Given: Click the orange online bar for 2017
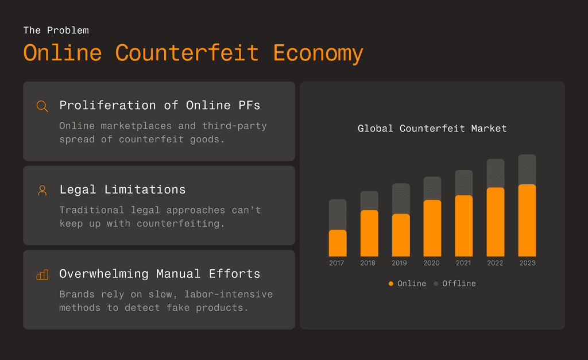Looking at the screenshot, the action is click(338, 243).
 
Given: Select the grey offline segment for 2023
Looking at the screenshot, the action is click(527, 169).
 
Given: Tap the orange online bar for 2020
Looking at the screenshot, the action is click(432, 228).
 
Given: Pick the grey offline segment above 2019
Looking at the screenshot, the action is click(401, 199).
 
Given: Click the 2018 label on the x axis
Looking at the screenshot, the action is click(367, 263).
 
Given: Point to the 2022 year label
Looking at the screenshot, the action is click(495, 263).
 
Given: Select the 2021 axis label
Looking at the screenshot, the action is click(463, 263).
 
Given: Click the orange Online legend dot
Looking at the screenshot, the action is click(390, 284).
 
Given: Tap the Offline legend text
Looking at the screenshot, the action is click(459, 284).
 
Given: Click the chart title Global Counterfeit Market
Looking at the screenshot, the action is click(432, 128).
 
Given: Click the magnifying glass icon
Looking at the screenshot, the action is click(42, 106).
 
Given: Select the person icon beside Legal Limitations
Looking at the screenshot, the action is click(42, 191).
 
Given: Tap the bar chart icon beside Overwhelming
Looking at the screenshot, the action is click(42, 275).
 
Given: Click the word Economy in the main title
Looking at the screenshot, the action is click(318, 53).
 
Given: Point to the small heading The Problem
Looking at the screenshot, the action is click(56, 30).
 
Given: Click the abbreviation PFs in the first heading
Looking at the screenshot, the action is click(249, 106).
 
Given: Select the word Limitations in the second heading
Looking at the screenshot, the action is click(145, 189).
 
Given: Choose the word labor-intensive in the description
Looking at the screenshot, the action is click(229, 294).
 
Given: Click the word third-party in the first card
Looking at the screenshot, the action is click(234, 126).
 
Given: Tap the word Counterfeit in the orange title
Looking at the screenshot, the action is click(187, 53).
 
